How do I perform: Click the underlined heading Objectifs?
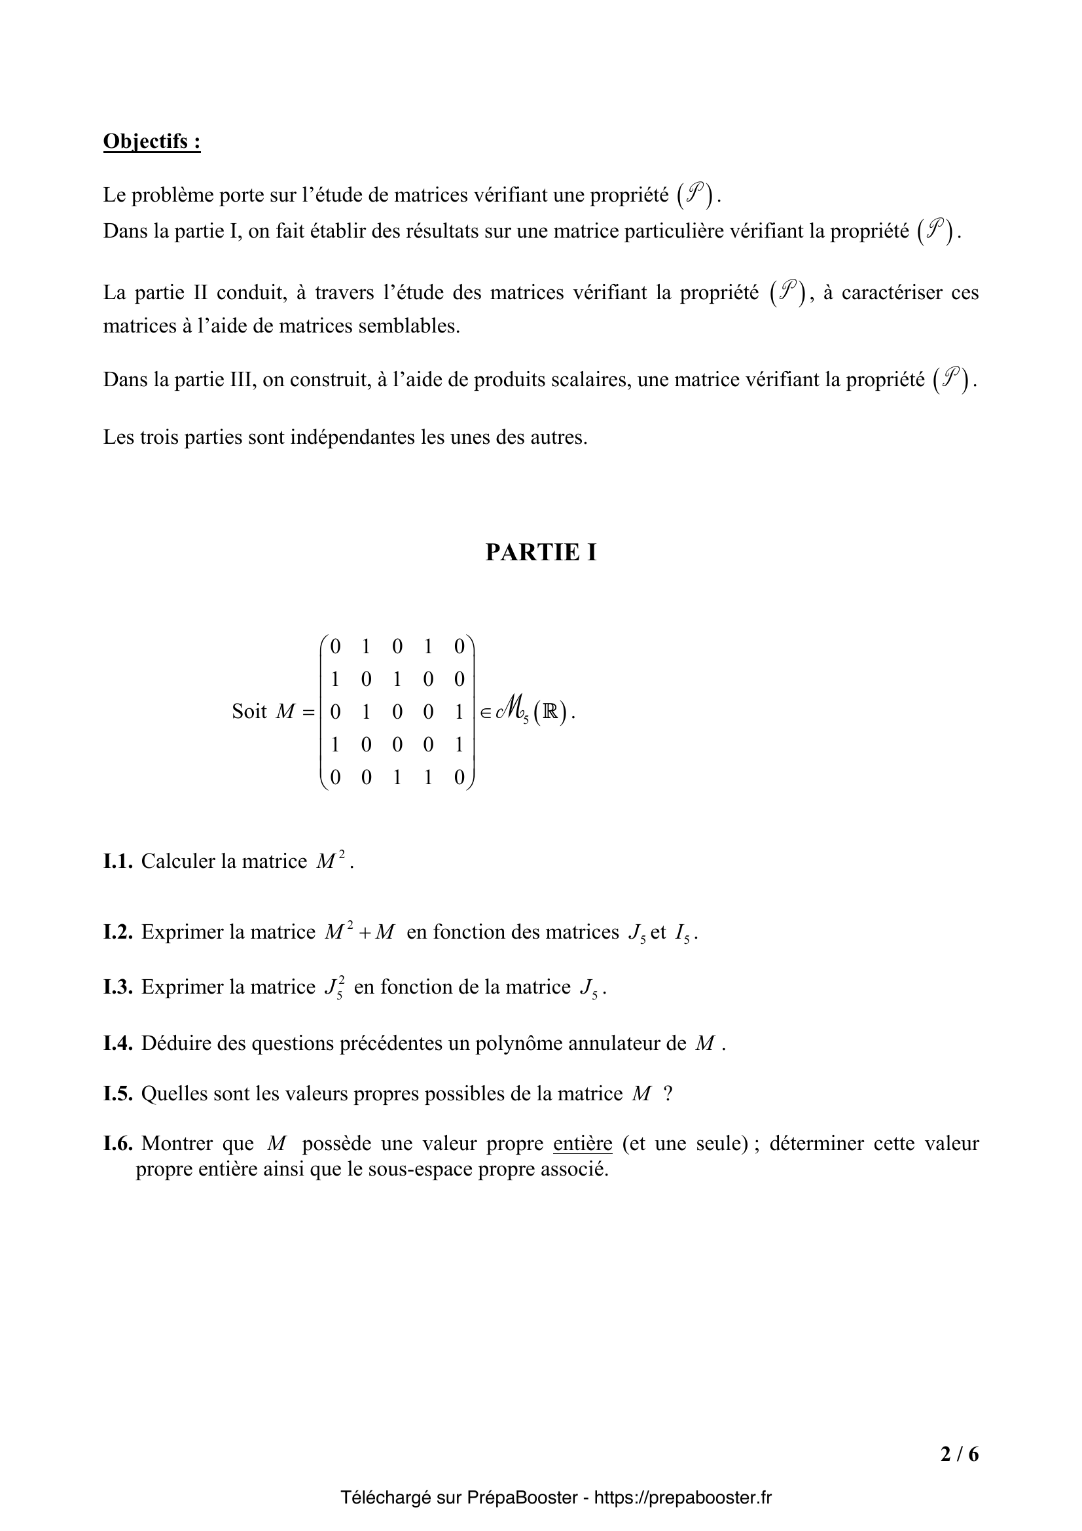[151, 142]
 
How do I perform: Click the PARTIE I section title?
[541, 552]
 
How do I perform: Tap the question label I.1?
[118, 861]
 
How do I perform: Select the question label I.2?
[118, 932]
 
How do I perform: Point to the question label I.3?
[118, 987]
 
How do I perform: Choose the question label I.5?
[118, 1094]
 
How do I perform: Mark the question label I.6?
[118, 1144]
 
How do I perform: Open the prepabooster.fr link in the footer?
[683, 1498]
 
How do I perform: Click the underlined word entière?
[583, 1144]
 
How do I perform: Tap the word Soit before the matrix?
[249, 711]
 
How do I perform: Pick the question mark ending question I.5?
[668, 1094]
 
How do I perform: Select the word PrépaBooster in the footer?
[522, 1498]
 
